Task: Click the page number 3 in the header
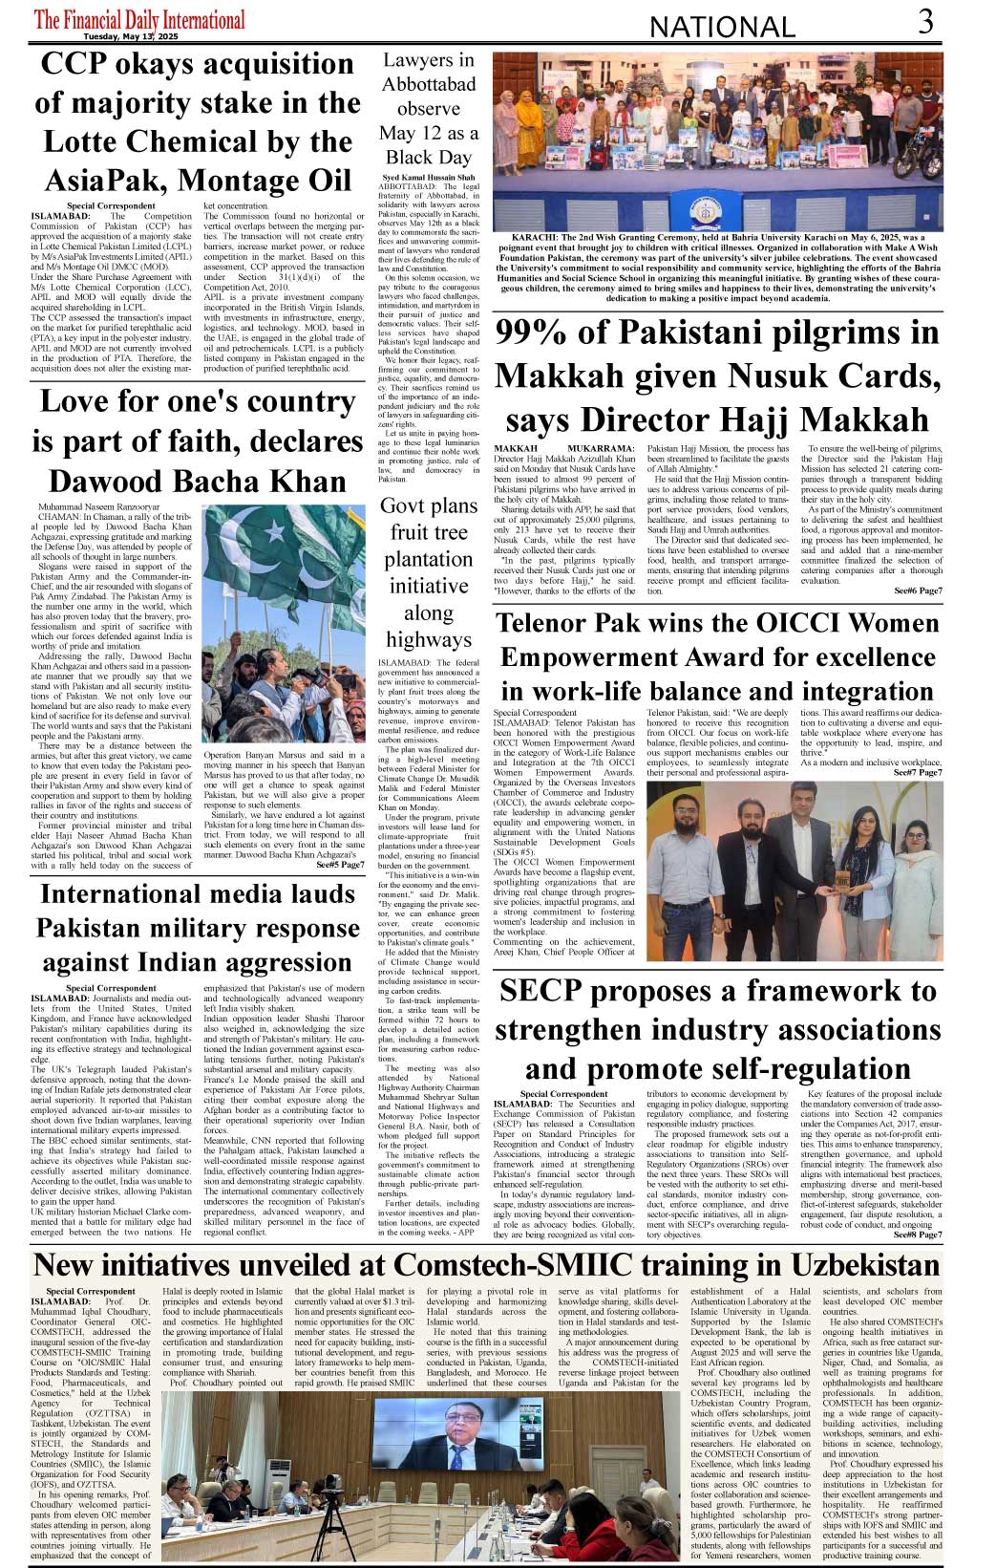pyautogui.click(x=925, y=21)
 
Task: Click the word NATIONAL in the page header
pyautogui.click(x=721, y=27)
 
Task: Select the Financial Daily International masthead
pyautogui.click(x=139, y=19)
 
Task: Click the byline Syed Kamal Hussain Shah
pyautogui.click(x=428, y=178)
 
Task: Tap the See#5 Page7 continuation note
pyautogui.click(x=340, y=865)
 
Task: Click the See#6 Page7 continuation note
pyautogui.click(x=918, y=591)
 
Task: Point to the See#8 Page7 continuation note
pyautogui.click(x=918, y=1235)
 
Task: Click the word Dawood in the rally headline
pyautogui.click(x=100, y=481)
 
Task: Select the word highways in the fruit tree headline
pyautogui.click(x=429, y=639)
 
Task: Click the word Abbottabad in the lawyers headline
pyautogui.click(x=429, y=84)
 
